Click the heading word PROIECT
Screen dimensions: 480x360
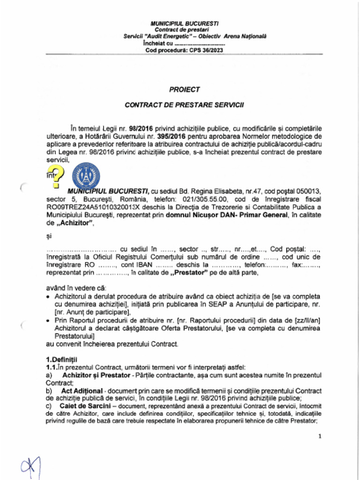184,90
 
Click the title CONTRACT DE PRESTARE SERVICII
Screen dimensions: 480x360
184,105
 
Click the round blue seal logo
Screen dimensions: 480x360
86,176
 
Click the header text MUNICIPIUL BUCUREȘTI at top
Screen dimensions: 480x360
184,23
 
